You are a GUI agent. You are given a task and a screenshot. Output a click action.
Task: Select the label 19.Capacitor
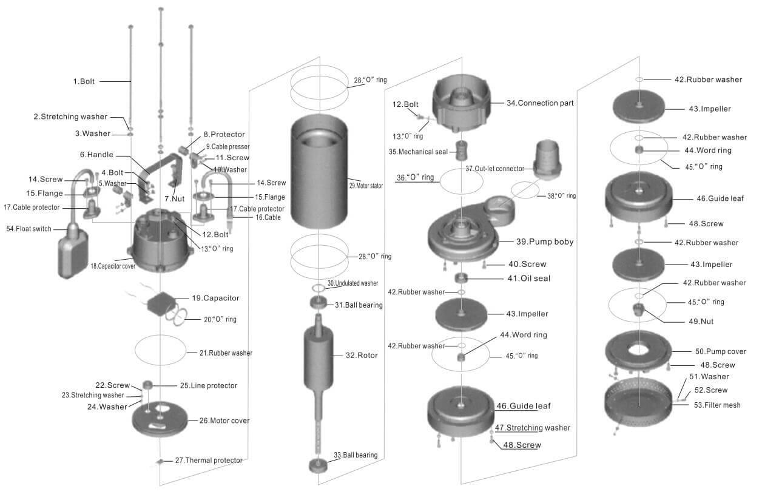[215, 298]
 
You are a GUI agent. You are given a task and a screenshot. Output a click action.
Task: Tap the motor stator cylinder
[319, 176]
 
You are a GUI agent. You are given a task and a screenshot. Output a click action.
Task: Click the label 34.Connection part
[540, 103]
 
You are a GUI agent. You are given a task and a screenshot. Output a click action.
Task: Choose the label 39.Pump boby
[545, 242]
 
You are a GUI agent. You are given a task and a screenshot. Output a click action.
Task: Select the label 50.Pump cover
[721, 351]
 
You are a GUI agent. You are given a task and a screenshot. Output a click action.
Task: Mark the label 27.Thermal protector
[209, 461]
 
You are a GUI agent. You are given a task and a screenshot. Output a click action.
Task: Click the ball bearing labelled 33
[319, 465]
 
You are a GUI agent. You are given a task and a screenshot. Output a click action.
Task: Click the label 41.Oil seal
[529, 279]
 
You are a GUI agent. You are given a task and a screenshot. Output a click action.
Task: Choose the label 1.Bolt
[84, 81]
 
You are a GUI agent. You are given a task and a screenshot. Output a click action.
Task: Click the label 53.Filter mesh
[717, 405]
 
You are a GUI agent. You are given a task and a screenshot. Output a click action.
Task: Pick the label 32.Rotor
[362, 356]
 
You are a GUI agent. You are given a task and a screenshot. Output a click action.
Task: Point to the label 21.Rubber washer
[226, 353]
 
